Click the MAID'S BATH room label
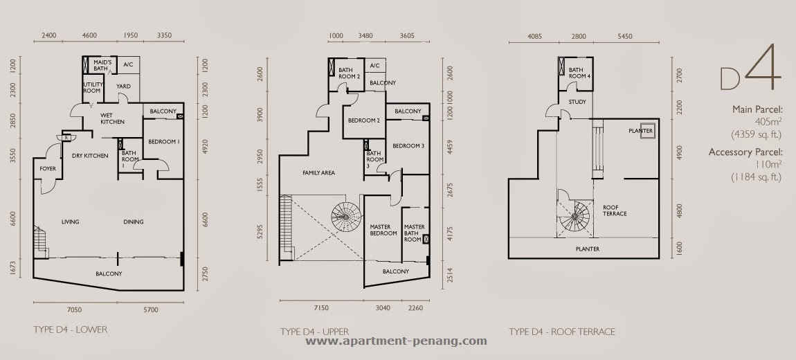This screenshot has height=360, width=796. pyautogui.click(x=102, y=65)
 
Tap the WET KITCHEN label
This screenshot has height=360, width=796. pyautogui.click(x=112, y=118)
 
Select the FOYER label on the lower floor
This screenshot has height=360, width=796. pyautogui.click(x=48, y=168)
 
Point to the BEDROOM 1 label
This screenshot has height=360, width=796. pyautogui.click(x=164, y=142)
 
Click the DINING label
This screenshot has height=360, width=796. pyautogui.click(x=133, y=222)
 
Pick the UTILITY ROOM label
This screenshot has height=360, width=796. pyautogui.click(x=93, y=87)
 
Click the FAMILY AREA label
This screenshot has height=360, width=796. pyautogui.click(x=318, y=172)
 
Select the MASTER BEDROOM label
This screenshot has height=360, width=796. pyautogui.click(x=383, y=230)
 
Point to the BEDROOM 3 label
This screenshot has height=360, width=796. pyautogui.click(x=408, y=145)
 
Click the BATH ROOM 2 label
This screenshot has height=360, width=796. pyautogui.click(x=350, y=73)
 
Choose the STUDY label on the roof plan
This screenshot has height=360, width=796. pyautogui.click(x=577, y=102)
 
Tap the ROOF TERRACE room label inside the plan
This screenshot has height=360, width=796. pyautogui.click(x=615, y=210)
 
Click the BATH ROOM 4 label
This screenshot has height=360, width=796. pyautogui.click(x=579, y=73)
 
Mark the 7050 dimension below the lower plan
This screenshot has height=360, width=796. pyautogui.click(x=74, y=309)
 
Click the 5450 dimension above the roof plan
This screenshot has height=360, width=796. pyautogui.click(x=625, y=36)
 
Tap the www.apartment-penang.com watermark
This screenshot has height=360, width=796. pyautogui.click(x=396, y=341)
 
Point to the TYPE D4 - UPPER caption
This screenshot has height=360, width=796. pyautogui.click(x=314, y=332)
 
